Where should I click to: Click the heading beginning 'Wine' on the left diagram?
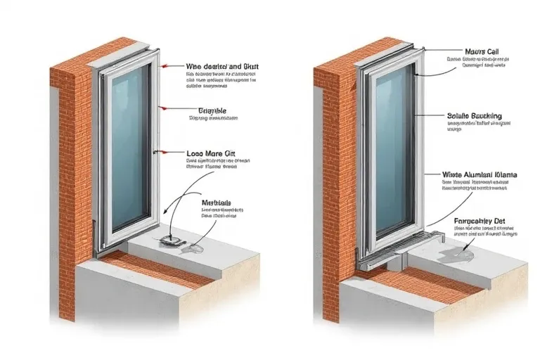point(222,66)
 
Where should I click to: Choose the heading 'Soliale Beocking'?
point(475,115)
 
